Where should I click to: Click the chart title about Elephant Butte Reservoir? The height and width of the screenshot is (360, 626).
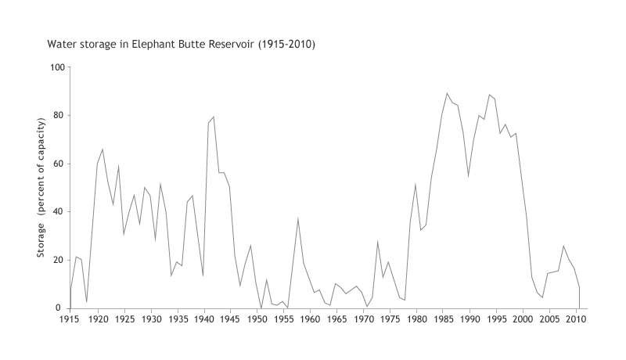tap(182, 44)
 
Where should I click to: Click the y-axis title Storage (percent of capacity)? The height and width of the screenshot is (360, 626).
tap(41, 188)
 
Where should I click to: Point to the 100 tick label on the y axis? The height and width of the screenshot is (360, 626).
tap(56, 67)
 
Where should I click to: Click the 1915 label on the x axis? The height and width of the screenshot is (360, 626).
tap(70, 319)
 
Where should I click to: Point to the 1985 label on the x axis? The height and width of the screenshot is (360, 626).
tap(443, 319)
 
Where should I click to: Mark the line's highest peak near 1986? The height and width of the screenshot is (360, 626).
tap(448, 93)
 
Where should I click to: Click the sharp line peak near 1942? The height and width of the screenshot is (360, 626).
tap(214, 117)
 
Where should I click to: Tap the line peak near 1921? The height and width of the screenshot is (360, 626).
tap(102, 149)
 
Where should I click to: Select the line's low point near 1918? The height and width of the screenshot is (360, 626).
tap(86, 302)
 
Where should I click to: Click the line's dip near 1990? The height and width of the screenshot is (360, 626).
tap(469, 176)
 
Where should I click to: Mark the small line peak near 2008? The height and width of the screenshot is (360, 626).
tap(564, 246)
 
